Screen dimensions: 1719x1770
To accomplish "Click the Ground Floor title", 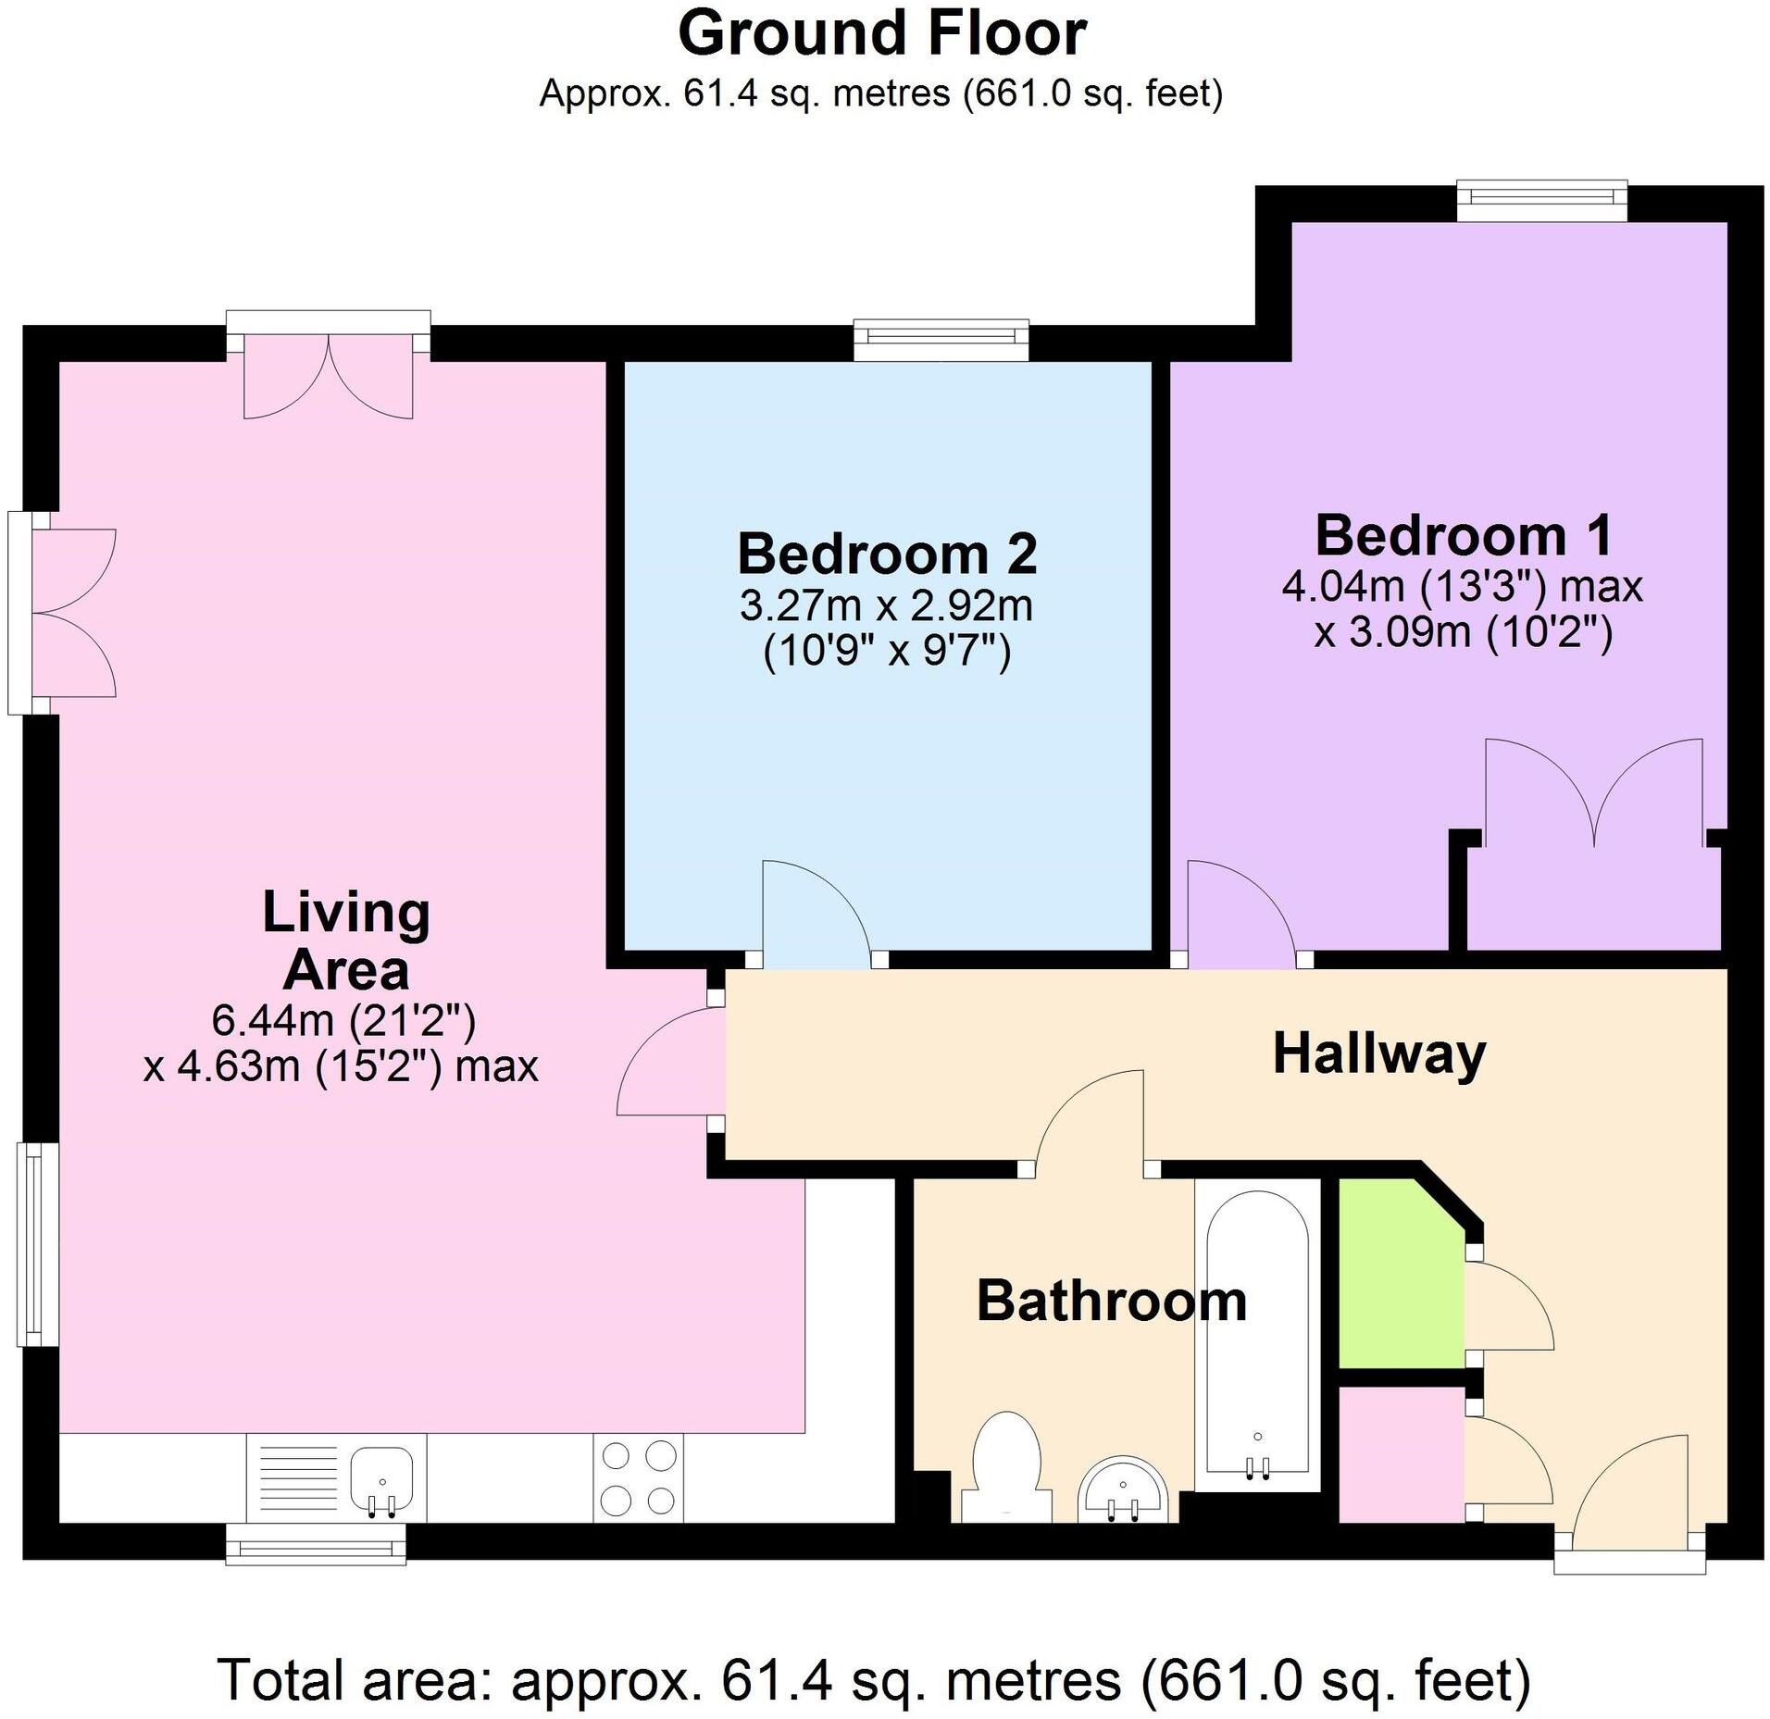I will [881, 35].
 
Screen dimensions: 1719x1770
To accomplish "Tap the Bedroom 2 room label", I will [887, 554].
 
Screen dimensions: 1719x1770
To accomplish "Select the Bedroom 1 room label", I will [1463, 536].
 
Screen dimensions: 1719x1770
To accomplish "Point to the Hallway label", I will [1378, 1053].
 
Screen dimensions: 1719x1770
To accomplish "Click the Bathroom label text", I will [1111, 1301].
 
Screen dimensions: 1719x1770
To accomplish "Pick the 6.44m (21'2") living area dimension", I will [343, 1021].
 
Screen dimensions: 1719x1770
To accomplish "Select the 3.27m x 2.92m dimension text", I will [886, 607].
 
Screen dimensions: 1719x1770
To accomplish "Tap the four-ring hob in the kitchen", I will [639, 1476].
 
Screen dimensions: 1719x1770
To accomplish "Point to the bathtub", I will [1256, 1333].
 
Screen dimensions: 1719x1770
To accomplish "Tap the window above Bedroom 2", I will [941, 341].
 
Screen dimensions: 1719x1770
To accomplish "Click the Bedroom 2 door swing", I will [815, 912].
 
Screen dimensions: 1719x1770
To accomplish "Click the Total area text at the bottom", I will [873, 1679].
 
